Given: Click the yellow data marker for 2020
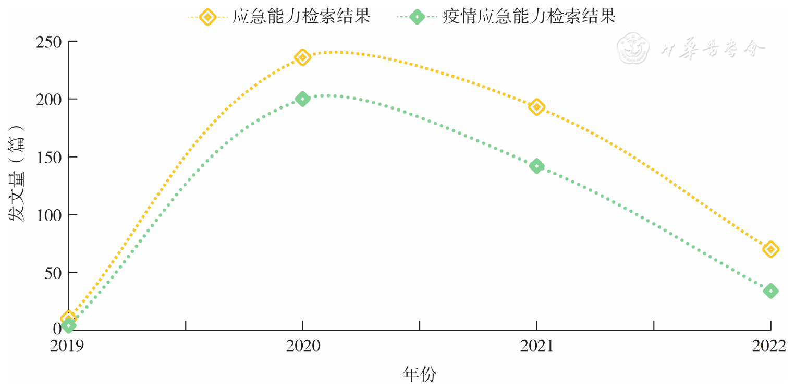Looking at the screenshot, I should pyautogui.click(x=302, y=57).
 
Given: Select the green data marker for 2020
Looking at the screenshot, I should pyautogui.click(x=302, y=99).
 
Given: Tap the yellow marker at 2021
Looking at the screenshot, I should pyautogui.click(x=536, y=107).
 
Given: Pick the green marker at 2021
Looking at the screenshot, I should pyautogui.click(x=536, y=166).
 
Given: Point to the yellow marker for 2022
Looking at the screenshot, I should pyautogui.click(x=770, y=249).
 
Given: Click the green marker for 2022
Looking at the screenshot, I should pyautogui.click(x=770, y=291).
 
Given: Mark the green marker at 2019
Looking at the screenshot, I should pyautogui.click(x=68, y=325).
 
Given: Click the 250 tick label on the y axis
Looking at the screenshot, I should pyautogui.click(x=49, y=42).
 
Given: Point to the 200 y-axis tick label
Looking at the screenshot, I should pyautogui.click(x=49, y=99).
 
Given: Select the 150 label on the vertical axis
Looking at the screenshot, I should pyautogui.click(x=49, y=157).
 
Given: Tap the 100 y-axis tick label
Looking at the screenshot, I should pyautogui.click(x=49, y=215).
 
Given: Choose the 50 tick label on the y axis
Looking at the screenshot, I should pyautogui.click(x=53, y=273).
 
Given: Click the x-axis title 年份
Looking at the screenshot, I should pyautogui.click(x=420, y=374).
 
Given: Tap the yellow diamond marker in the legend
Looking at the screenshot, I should pyautogui.click(x=207, y=17).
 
